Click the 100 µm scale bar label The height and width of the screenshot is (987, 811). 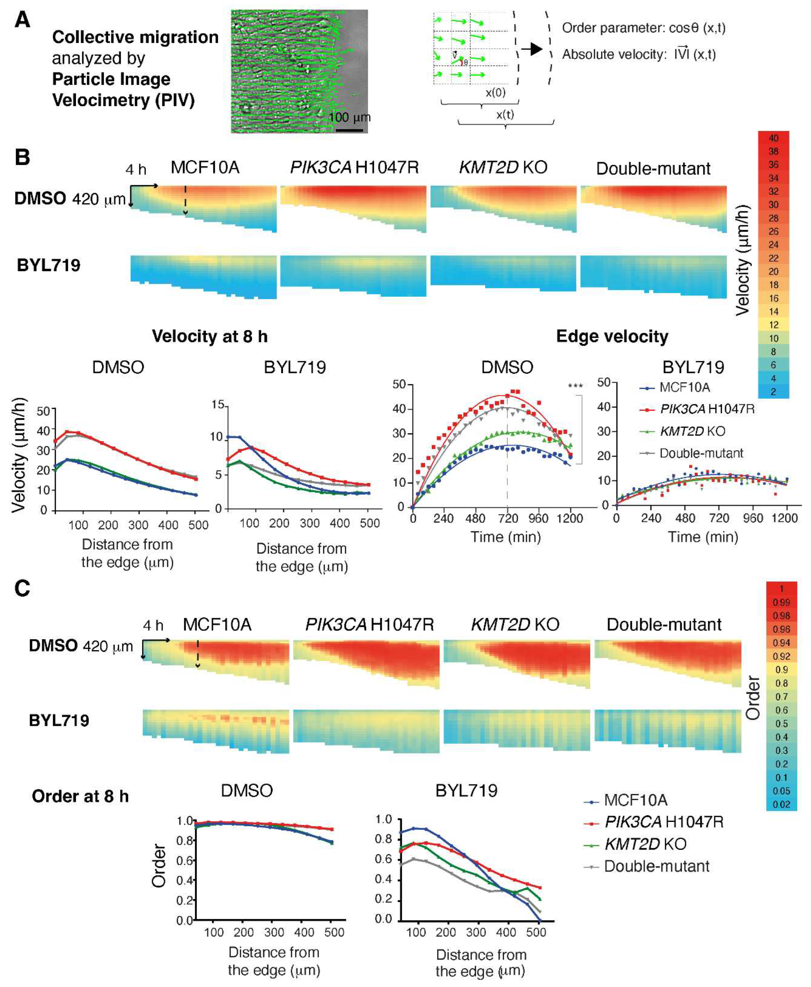pyautogui.click(x=350, y=117)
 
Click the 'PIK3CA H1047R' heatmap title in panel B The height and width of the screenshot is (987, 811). pyautogui.click(x=354, y=167)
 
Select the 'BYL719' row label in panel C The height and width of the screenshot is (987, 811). pyautogui.click(x=59, y=720)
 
